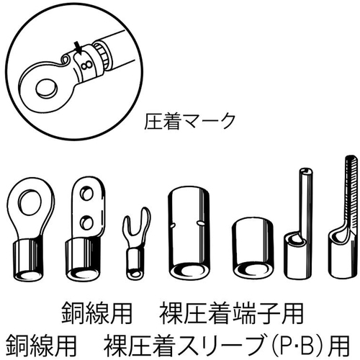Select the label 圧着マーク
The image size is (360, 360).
point(189,122)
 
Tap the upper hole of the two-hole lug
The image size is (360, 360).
point(86,194)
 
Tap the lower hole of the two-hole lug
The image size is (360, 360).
point(86,222)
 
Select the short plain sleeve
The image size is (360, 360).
point(253,247)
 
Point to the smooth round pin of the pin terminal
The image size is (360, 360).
point(305,200)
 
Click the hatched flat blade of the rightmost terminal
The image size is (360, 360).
point(353,192)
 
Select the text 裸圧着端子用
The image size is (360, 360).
point(231,314)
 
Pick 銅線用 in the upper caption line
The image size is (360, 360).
point(96,314)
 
